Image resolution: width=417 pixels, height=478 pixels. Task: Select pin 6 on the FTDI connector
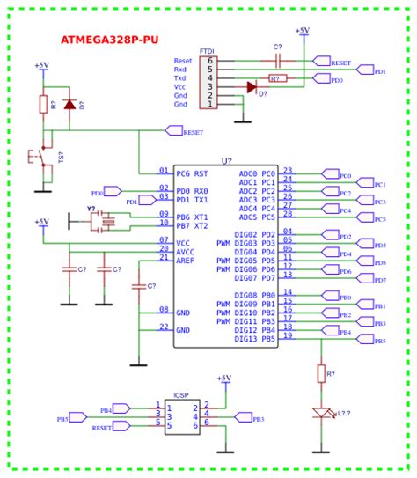[x=209, y=62]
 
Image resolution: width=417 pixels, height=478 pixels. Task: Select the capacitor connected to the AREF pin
[x=138, y=286]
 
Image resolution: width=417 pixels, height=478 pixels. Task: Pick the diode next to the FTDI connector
[x=252, y=87]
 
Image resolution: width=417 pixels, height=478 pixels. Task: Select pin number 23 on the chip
[x=288, y=171]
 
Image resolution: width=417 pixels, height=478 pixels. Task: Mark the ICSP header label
[x=181, y=394]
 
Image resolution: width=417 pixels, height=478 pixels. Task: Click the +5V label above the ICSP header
[x=225, y=378]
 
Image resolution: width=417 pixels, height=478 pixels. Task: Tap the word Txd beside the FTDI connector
[x=180, y=78]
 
